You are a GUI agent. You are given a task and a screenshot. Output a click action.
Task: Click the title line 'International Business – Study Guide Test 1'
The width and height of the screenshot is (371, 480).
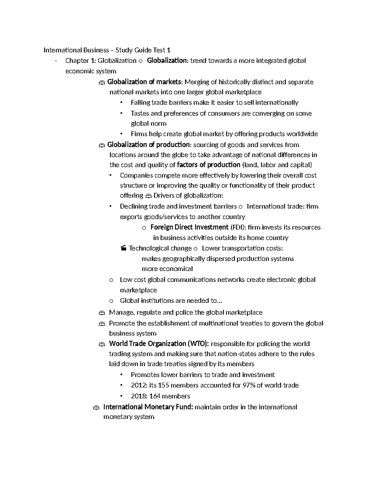(x=107, y=50)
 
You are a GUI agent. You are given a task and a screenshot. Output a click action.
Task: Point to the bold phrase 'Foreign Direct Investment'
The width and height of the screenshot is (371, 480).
(x=189, y=227)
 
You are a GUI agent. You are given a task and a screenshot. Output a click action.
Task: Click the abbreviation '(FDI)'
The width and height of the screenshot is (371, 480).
(x=238, y=227)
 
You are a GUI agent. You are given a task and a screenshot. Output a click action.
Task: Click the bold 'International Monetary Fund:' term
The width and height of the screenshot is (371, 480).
(x=148, y=407)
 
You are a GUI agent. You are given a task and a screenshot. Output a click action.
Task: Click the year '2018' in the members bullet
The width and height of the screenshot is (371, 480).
(x=137, y=396)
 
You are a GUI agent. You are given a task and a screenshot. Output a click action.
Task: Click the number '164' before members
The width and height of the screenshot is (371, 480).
(x=155, y=396)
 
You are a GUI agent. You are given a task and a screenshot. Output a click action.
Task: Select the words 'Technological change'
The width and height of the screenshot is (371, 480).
(x=160, y=248)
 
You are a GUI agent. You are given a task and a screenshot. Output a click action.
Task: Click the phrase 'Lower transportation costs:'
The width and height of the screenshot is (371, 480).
(x=242, y=248)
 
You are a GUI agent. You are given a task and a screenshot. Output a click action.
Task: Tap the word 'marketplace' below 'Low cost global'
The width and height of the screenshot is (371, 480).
(x=138, y=290)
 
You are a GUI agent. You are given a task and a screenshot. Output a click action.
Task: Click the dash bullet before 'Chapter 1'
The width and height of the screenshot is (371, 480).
(x=55, y=61)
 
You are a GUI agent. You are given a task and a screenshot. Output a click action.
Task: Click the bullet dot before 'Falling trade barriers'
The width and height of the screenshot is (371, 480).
(x=122, y=103)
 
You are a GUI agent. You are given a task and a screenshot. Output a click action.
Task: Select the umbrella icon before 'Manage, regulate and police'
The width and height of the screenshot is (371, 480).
(x=102, y=313)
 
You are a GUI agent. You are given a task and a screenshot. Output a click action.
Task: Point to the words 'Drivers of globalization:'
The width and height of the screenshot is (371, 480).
(x=188, y=195)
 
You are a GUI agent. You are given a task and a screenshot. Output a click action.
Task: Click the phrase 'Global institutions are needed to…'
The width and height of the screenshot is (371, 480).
(x=171, y=300)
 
